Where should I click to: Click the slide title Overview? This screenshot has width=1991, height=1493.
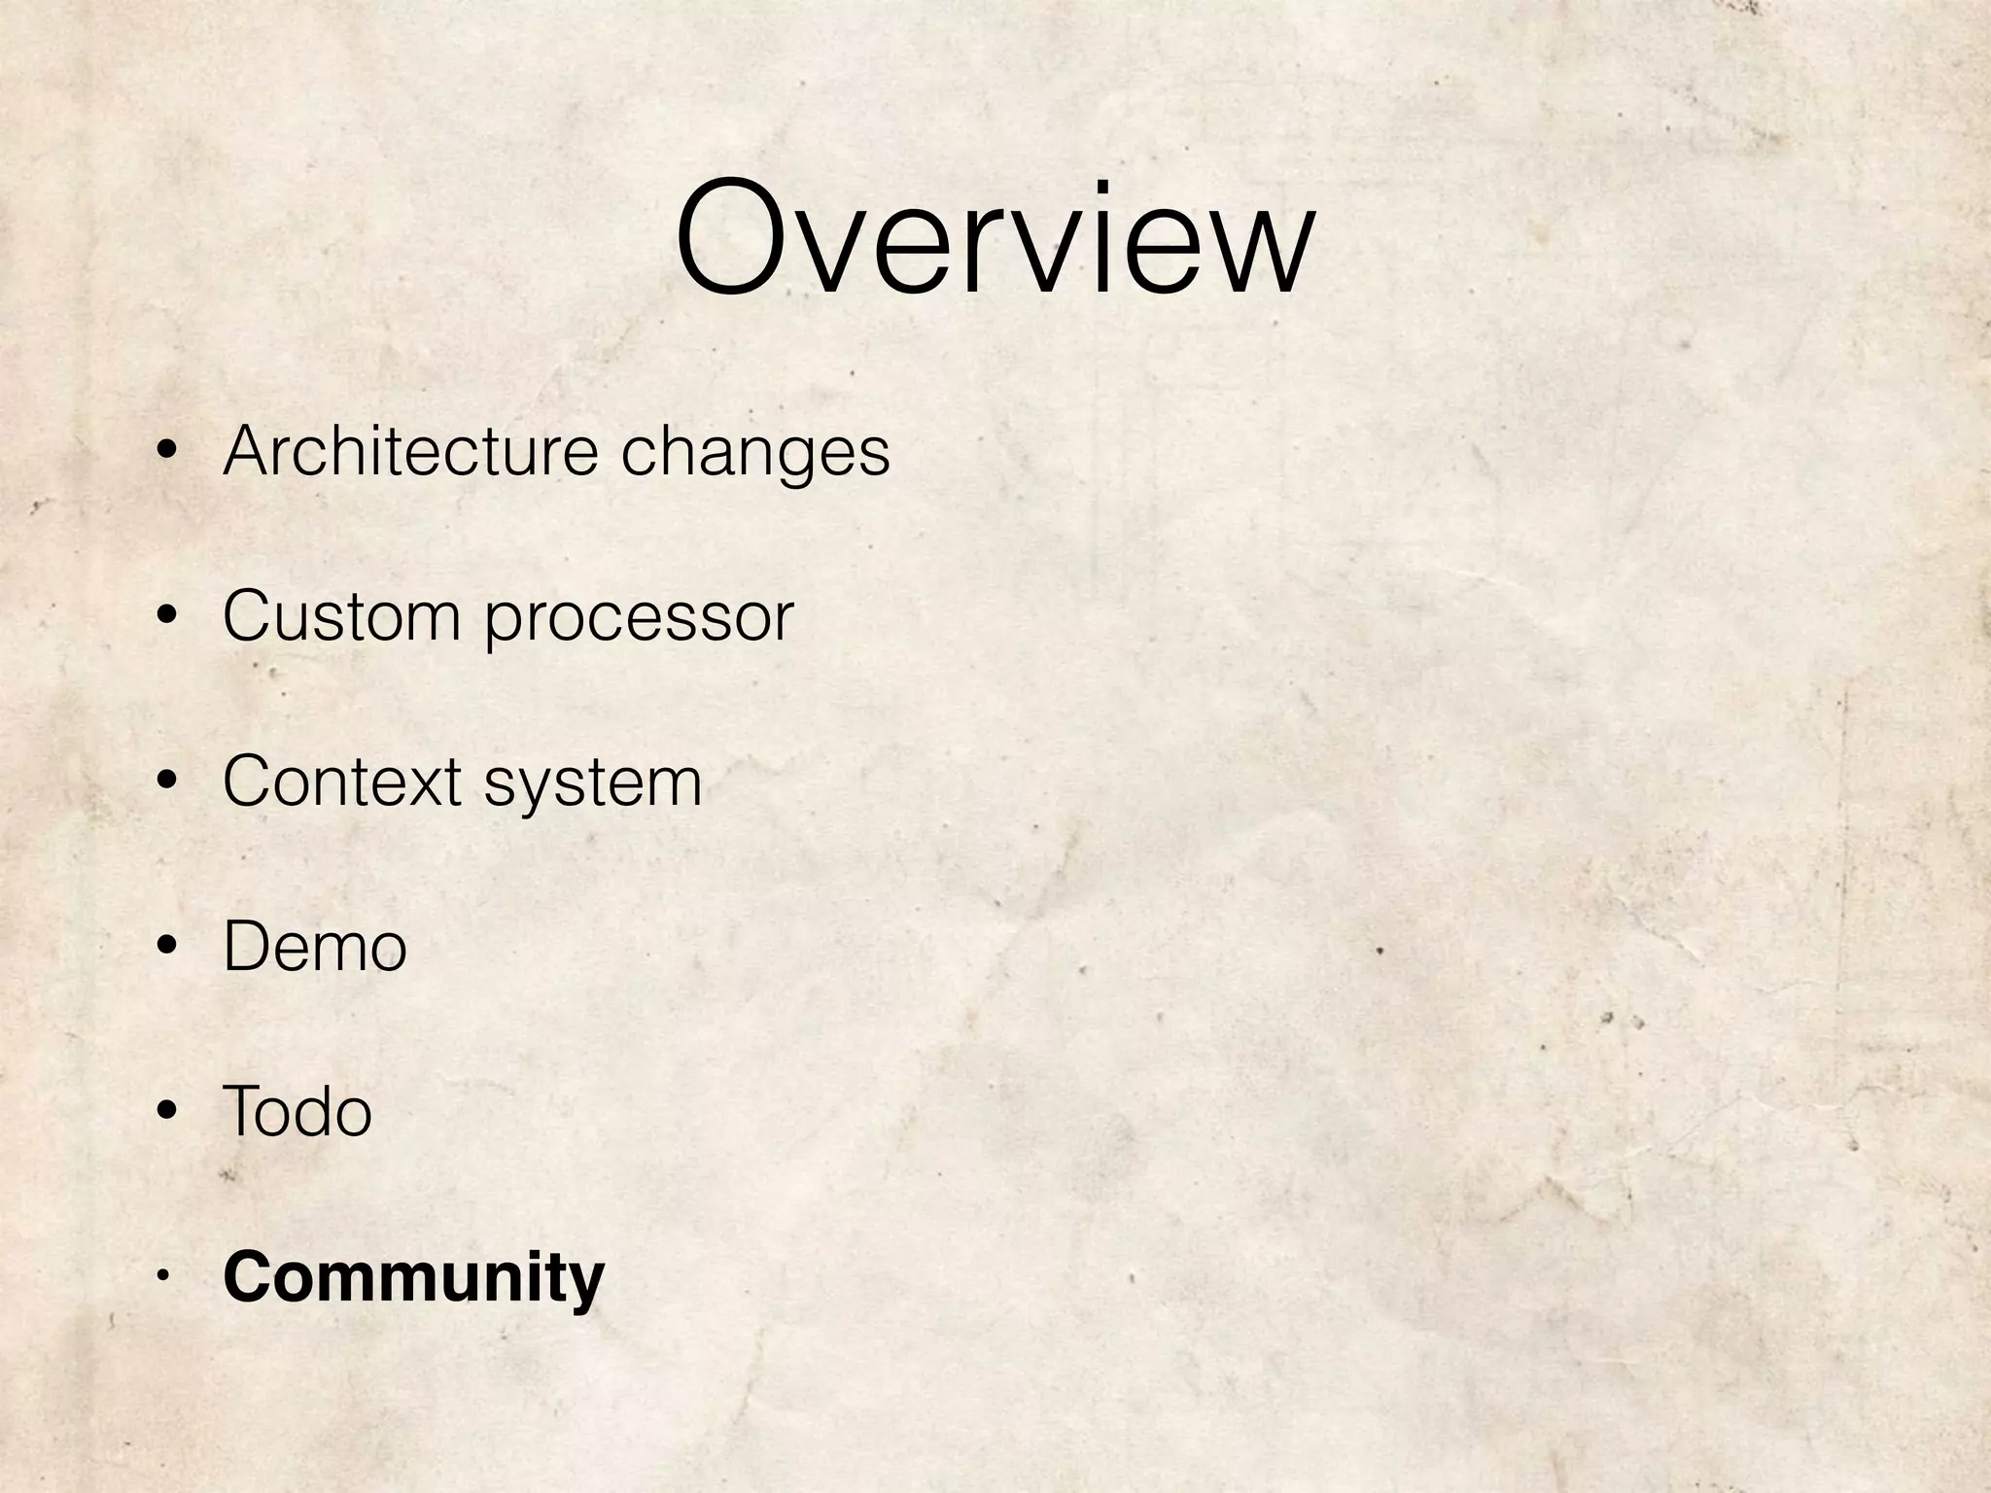994,238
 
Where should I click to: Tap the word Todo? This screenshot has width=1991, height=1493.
297,1111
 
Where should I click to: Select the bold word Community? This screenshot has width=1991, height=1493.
413,1278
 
